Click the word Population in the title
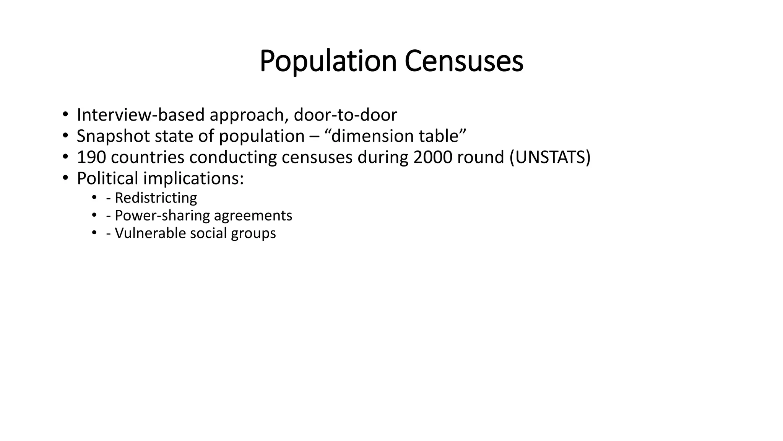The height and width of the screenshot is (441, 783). [328, 61]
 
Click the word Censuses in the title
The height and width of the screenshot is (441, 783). [464, 61]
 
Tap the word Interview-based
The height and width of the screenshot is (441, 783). [141, 115]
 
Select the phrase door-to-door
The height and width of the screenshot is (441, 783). [345, 115]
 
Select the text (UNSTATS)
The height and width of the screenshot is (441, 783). [550, 157]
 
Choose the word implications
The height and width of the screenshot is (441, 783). [193, 178]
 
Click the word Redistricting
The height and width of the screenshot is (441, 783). [156, 198]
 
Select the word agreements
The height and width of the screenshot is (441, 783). [253, 216]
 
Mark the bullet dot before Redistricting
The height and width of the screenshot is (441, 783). [94, 198]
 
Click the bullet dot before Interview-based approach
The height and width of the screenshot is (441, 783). [65, 114]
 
